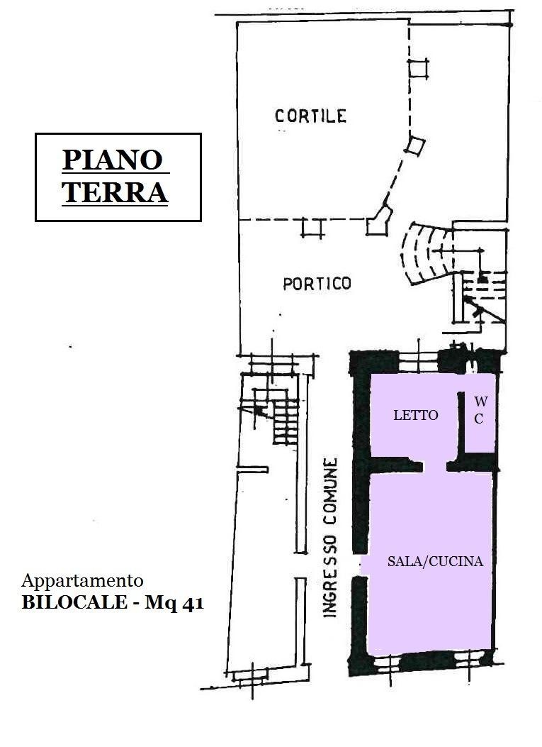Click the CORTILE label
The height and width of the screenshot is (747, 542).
click(x=311, y=116)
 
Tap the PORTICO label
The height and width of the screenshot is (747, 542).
click(x=317, y=284)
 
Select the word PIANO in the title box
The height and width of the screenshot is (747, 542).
click(x=113, y=160)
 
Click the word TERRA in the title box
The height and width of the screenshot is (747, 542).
click(x=115, y=192)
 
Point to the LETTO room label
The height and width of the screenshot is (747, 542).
click(x=415, y=415)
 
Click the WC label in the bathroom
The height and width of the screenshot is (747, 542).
click(x=479, y=410)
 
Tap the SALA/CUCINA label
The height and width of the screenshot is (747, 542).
click(x=435, y=561)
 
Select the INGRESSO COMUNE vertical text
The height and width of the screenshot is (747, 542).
click(x=330, y=538)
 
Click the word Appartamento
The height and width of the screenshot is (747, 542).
click(x=82, y=581)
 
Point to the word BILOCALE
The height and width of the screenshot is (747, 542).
click(x=74, y=603)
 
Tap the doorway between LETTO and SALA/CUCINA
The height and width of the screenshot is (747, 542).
click(x=434, y=466)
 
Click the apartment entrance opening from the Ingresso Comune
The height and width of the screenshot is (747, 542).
click(x=361, y=565)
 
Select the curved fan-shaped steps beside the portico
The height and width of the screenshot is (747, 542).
click(x=425, y=253)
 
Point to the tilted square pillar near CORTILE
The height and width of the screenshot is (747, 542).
click(x=415, y=145)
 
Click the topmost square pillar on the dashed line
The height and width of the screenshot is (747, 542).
click(x=418, y=67)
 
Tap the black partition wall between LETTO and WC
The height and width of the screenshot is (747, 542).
click(x=461, y=425)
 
